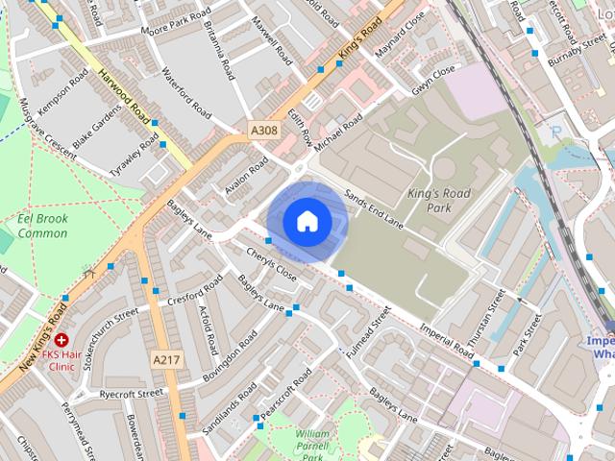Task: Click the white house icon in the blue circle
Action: click(x=307, y=221)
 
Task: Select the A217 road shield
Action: click(x=166, y=357)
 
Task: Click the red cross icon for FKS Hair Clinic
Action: click(x=61, y=340)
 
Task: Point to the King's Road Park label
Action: click(x=439, y=200)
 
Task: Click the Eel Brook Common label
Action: click(x=42, y=226)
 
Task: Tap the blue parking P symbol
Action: click(x=554, y=131)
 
